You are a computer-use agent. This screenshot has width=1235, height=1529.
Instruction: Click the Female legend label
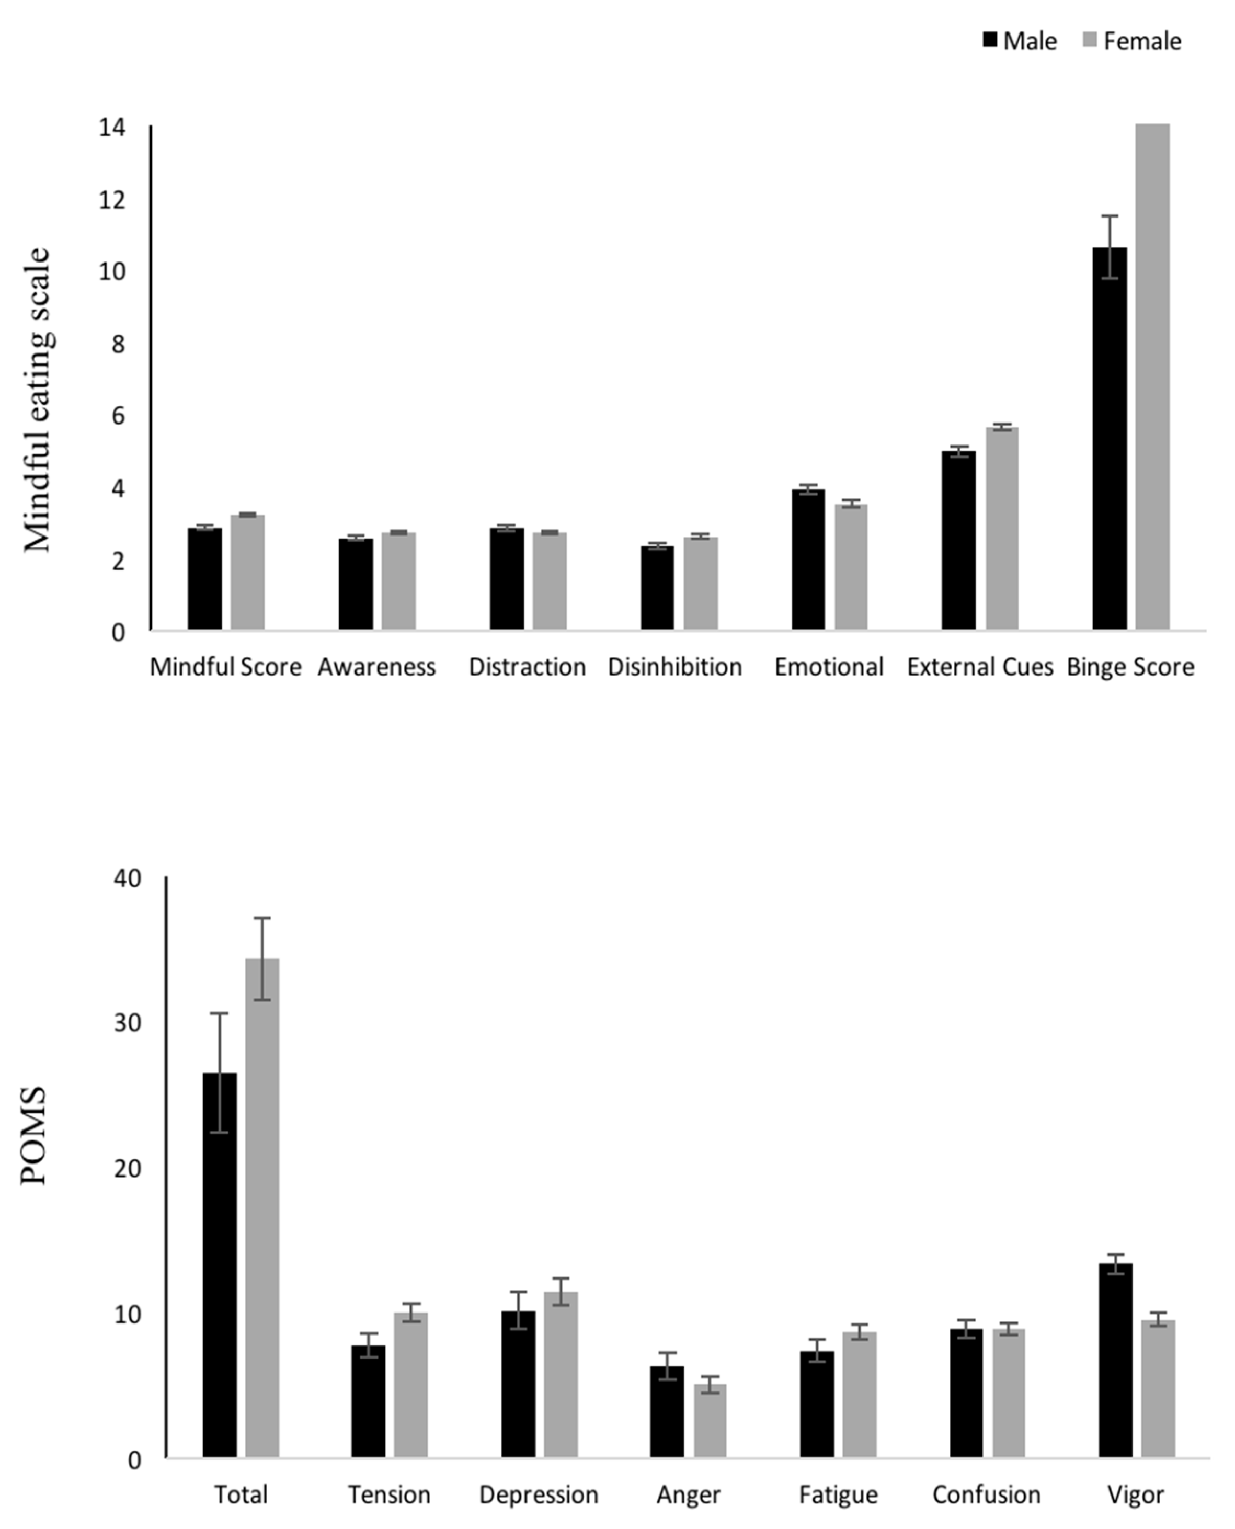(1142, 41)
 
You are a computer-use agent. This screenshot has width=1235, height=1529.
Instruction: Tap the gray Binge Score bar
(1152, 377)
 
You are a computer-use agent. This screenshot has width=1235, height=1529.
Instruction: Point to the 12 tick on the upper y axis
(112, 200)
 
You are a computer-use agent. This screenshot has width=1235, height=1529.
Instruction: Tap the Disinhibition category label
(674, 667)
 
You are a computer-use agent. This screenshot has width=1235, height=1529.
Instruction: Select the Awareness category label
(376, 667)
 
